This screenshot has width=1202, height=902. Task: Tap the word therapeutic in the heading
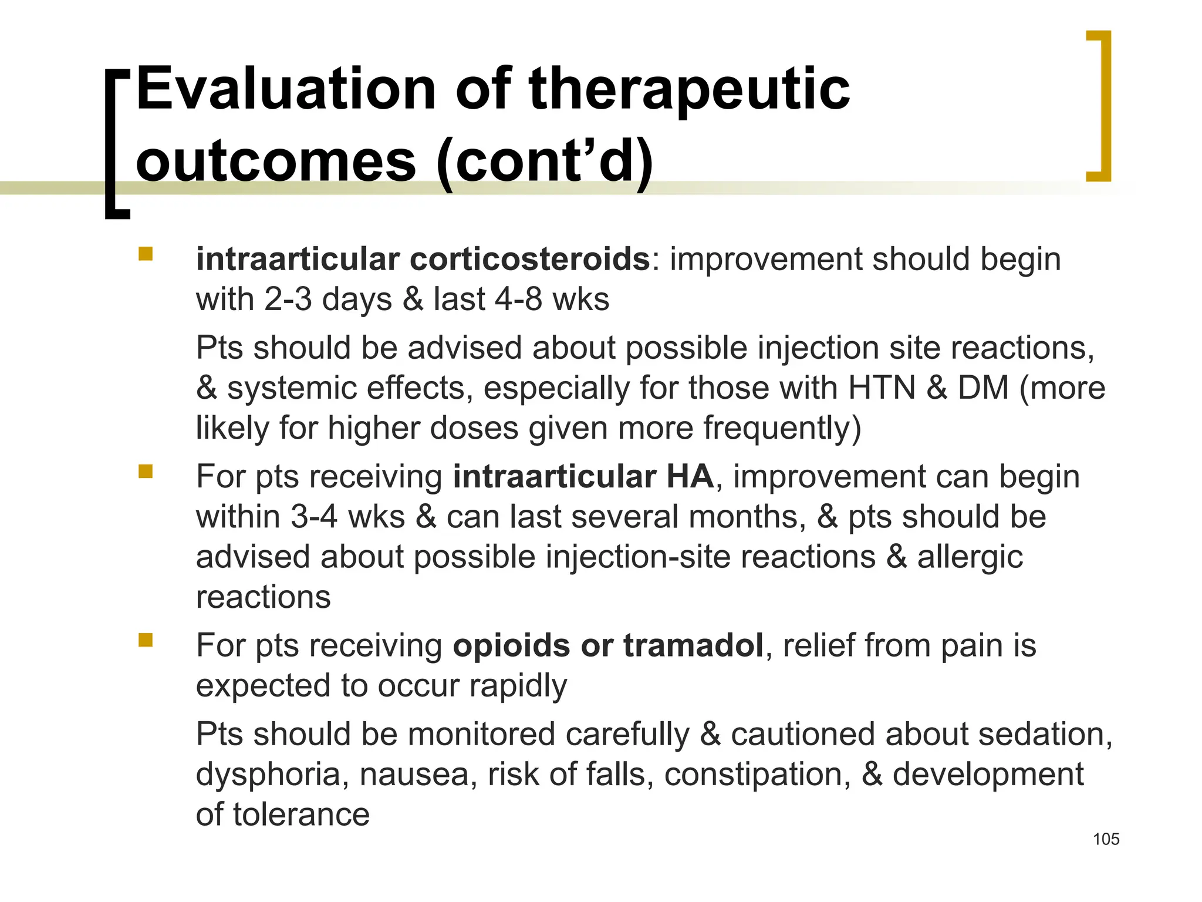point(689,89)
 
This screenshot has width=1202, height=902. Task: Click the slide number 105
point(1106,839)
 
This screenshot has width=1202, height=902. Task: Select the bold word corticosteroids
point(529,259)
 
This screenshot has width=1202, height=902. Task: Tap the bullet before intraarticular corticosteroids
point(146,254)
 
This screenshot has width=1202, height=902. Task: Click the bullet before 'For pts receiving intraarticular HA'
point(146,472)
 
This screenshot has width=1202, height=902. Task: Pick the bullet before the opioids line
point(146,640)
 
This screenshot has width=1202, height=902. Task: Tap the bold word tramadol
point(693,645)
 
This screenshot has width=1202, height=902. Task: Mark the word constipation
point(757,775)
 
